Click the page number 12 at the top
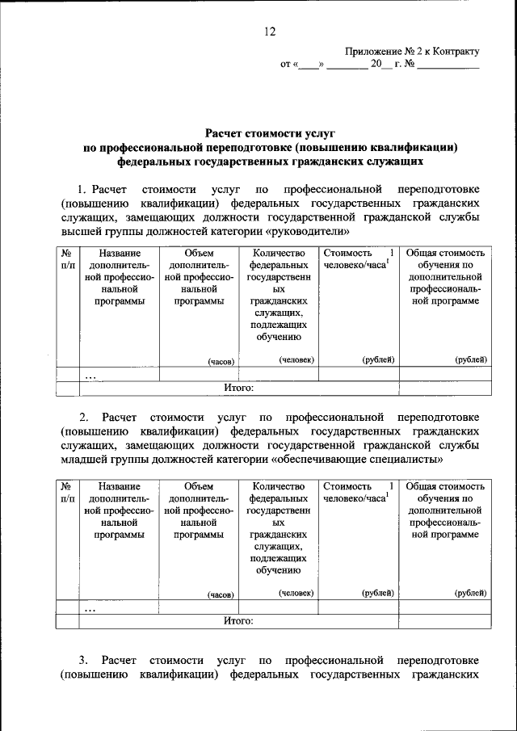(x=270, y=32)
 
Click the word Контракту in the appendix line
(x=448, y=51)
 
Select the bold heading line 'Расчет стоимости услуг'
(x=269, y=131)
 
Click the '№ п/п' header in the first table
(x=68, y=258)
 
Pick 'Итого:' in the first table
(x=239, y=388)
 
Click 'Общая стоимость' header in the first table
(x=445, y=253)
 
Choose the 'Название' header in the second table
(x=120, y=486)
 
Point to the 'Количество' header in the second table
(x=279, y=486)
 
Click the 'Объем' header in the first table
(x=199, y=253)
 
